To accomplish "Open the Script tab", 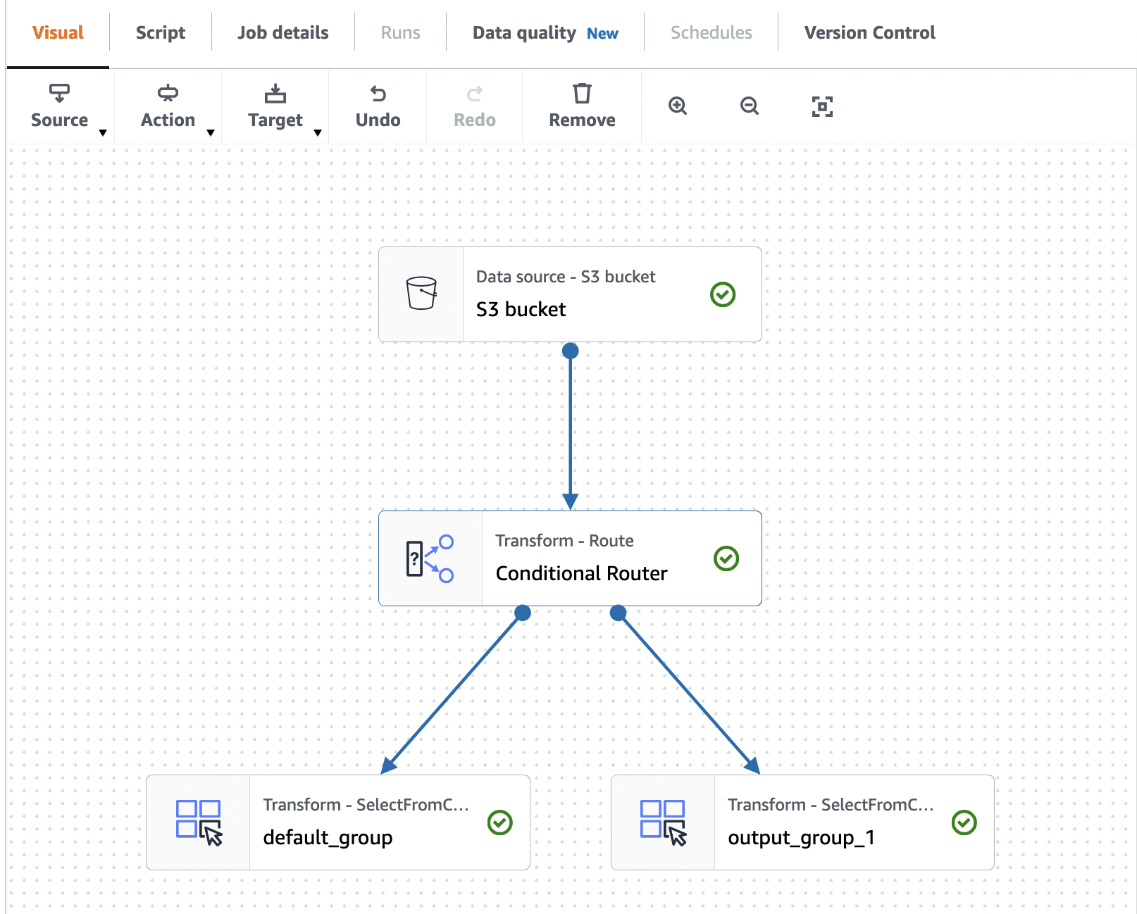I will (x=160, y=33).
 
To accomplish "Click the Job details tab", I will (x=282, y=33).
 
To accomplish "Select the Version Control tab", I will (x=869, y=33).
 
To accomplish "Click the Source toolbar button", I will (x=60, y=106).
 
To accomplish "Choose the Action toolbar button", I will (x=168, y=106).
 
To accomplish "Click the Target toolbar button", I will (x=275, y=106).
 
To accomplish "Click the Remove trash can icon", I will (x=582, y=94).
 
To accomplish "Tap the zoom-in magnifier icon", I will (x=678, y=106).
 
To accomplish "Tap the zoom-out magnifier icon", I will (x=750, y=106).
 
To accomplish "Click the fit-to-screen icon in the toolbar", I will (x=822, y=106).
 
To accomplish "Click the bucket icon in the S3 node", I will (x=421, y=294).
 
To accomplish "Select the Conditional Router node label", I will (x=581, y=573).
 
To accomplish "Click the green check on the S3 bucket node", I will (x=723, y=294).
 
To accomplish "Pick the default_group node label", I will (x=328, y=837).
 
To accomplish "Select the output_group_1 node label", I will (x=801, y=837).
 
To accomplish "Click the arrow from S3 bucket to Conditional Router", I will (x=571, y=430).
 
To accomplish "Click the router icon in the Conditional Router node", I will (x=430, y=558).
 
